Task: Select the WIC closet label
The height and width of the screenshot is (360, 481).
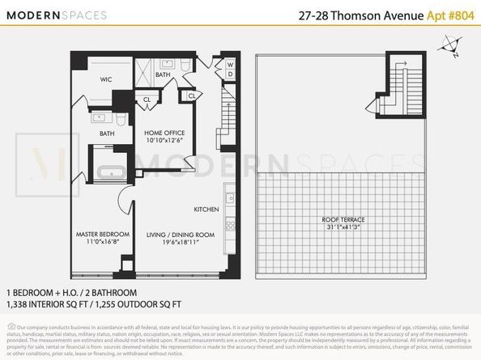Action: pos(105,80)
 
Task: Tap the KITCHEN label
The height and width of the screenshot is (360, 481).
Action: pos(206,210)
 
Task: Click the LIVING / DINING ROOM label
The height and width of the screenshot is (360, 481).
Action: pos(181,235)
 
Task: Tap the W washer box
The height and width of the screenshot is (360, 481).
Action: pos(230,64)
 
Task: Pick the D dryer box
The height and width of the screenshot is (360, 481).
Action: pos(230,74)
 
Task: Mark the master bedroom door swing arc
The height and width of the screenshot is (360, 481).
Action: pos(124,201)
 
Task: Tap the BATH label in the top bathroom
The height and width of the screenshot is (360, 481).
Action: pos(163,74)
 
